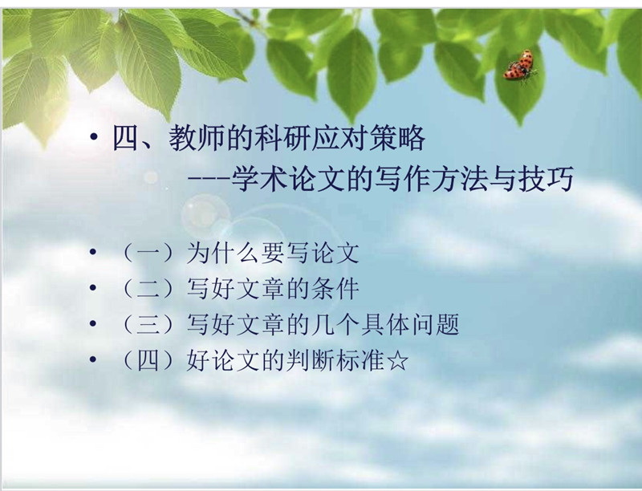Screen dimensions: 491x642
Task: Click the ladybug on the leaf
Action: pyautogui.click(x=519, y=66)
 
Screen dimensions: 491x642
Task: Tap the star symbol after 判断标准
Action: pyautogui.click(x=397, y=361)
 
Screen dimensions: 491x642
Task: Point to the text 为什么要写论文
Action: pyautogui.click(x=272, y=254)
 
